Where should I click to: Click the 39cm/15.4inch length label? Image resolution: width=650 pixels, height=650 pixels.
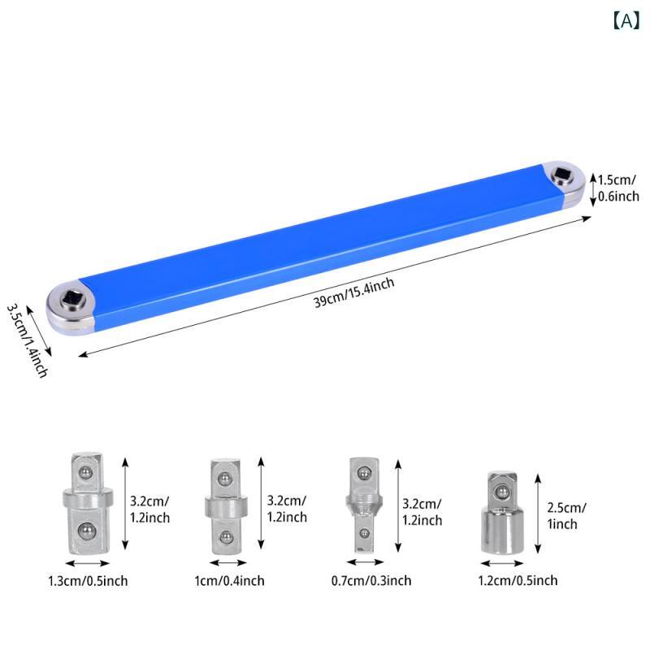click(x=353, y=292)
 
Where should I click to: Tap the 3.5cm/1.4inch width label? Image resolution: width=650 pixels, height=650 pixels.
click(x=27, y=340)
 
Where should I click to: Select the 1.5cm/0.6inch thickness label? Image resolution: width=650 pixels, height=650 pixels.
click(x=618, y=188)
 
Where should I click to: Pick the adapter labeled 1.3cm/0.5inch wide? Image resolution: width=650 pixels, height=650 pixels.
click(x=88, y=503)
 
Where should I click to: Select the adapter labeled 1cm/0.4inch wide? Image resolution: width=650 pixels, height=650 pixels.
click(x=227, y=506)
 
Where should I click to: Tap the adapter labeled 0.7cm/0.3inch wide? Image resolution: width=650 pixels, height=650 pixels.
click(x=363, y=505)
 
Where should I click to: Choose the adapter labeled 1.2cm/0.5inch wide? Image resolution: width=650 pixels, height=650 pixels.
click(x=502, y=512)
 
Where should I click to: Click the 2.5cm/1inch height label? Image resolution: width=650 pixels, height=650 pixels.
click(x=566, y=516)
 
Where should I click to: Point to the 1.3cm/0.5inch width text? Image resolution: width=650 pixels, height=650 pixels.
click(x=88, y=581)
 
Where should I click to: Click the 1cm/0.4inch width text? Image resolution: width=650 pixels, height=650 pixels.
click(x=229, y=580)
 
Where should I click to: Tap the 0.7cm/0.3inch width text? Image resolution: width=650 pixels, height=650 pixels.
click(x=371, y=580)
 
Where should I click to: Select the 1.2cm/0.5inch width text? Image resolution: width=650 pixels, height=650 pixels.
click(x=518, y=580)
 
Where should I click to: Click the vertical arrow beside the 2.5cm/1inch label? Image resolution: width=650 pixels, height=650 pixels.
click(x=538, y=513)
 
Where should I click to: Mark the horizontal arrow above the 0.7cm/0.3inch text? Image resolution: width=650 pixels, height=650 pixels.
click(x=365, y=562)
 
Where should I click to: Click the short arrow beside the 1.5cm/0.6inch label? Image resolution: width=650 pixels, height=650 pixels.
click(x=593, y=190)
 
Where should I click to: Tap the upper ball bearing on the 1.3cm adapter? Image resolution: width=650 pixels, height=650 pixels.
click(x=86, y=472)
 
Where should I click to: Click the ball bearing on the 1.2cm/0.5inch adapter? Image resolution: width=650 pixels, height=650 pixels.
click(x=502, y=492)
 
